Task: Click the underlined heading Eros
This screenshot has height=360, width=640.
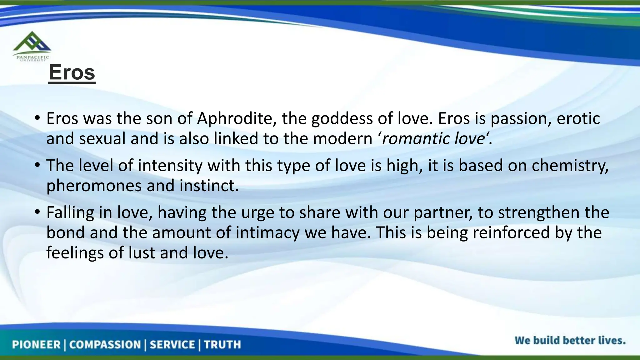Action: pos(72,72)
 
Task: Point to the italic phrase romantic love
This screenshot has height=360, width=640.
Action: pos(433,139)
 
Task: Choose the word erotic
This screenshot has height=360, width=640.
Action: pos(578,119)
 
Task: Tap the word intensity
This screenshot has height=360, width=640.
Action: pos(170,166)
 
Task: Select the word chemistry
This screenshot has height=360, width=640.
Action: pos(570,166)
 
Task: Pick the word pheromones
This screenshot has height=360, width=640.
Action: pos(94,186)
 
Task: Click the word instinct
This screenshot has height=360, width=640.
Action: pos(209,186)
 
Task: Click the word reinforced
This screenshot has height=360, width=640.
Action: pos(511,233)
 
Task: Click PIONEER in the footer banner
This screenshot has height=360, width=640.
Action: pos(36,345)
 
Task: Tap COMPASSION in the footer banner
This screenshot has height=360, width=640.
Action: pos(105,345)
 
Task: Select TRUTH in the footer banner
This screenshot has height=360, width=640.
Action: pos(222,345)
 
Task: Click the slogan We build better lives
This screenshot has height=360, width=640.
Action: pos(570,340)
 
